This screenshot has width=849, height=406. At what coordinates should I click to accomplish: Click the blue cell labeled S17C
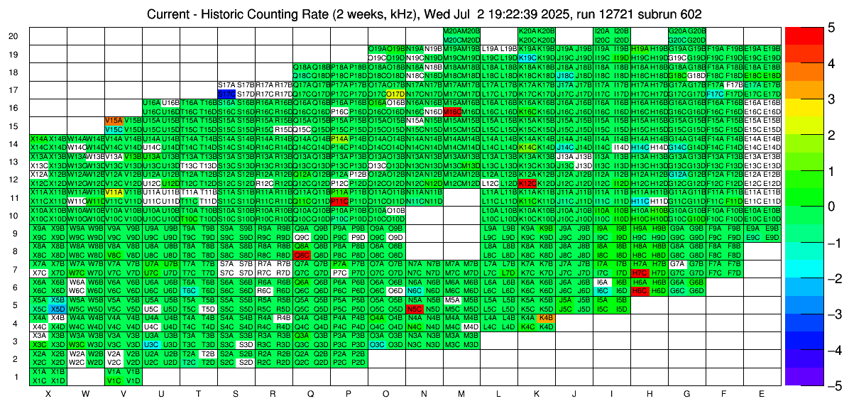[226, 94]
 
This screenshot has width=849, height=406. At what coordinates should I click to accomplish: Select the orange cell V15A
[114, 121]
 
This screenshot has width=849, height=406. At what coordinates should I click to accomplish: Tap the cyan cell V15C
[114, 130]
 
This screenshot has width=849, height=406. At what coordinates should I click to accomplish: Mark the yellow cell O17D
[395, 94]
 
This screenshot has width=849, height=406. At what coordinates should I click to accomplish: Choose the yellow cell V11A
[114, 192]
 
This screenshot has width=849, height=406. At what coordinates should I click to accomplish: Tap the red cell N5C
[414, 309]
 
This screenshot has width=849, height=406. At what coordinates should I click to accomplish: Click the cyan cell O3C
[376, 345]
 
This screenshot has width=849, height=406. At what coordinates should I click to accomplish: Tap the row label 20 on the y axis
[13, 35]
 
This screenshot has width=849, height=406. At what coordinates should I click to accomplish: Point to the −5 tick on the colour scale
[838, 386]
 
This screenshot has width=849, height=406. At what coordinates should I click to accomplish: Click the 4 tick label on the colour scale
[838, 64]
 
